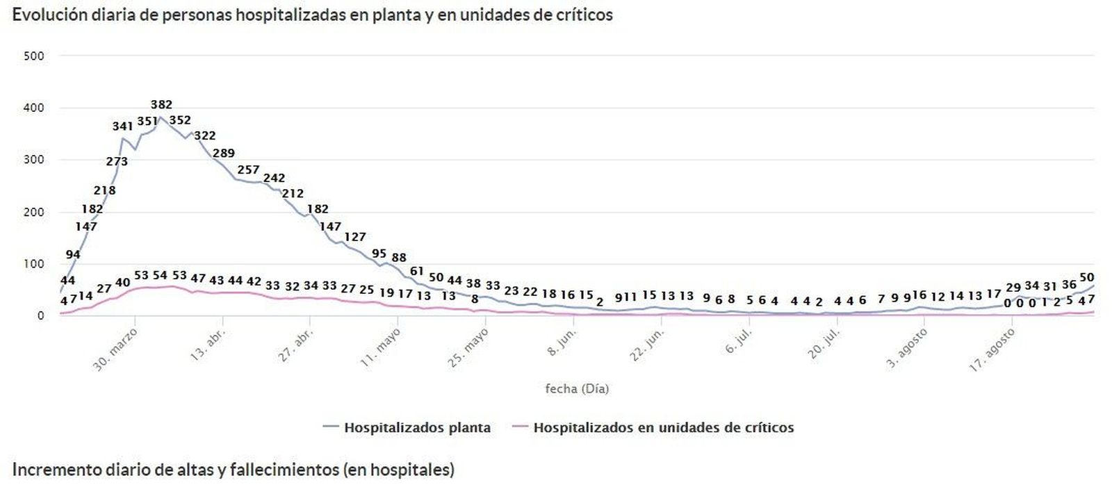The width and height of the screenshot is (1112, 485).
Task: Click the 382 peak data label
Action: click(161, 105)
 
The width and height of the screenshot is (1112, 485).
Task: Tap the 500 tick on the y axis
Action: click(34, 56)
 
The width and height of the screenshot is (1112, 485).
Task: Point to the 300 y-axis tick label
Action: click(34, 160)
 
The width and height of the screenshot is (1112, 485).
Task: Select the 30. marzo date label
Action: click(116, 349)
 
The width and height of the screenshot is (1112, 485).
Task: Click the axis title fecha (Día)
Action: click(577, 389)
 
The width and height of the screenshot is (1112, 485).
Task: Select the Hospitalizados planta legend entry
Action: click(417, 428)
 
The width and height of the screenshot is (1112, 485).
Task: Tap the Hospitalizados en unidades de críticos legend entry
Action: click(663, 428)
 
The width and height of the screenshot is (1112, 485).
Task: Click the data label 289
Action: click(224, 154)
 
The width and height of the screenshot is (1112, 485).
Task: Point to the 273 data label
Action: click(117, 162)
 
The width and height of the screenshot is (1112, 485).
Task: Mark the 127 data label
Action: click(354, 238)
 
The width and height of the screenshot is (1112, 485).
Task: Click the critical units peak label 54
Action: click(160, 276)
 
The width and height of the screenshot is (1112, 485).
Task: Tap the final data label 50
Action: click(1086, 278)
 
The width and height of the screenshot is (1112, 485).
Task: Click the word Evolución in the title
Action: click(49, 15)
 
